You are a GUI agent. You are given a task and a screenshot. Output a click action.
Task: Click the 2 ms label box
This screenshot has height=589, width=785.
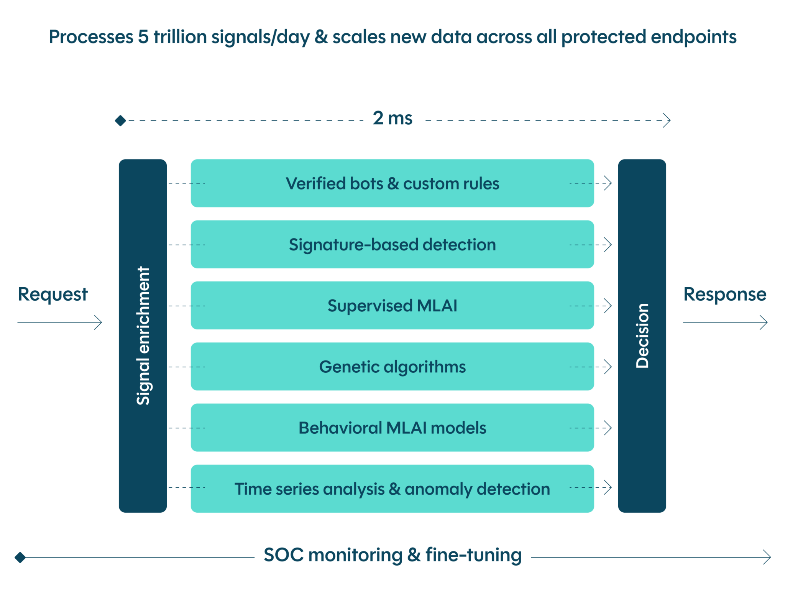(x=392, y=117)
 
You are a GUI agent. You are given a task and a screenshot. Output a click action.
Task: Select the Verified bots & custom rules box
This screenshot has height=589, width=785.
(x=392, y=183)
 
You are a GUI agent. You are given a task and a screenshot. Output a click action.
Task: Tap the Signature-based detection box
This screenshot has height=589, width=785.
(x=392, y=244)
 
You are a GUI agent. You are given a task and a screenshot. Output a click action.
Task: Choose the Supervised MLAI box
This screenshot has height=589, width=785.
(x=392, y=306)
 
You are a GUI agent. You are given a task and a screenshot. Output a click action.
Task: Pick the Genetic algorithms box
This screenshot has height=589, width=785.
(x=392, y=367)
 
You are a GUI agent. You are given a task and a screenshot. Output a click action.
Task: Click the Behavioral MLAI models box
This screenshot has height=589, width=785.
(x=392, y=428)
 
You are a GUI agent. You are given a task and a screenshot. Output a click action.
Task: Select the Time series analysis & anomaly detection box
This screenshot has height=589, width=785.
(x=392, y=489)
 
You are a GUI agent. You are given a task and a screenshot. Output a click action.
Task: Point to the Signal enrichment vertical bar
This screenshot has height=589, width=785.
(x=143, y=336)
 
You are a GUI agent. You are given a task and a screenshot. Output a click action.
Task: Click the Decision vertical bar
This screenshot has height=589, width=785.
(x=642, y=336)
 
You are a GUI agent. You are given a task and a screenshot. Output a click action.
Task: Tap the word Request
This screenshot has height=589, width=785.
(x=53, y=294)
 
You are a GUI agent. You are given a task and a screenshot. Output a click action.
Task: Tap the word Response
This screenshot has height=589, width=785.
(x=725, y=294)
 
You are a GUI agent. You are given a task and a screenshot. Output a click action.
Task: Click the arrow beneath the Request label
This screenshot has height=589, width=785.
(x=60, y=322)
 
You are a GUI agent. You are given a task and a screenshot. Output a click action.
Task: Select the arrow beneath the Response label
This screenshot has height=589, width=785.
(x=725, y=322)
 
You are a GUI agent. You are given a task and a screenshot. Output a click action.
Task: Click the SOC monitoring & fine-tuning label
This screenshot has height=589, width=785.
(x=392, y=554)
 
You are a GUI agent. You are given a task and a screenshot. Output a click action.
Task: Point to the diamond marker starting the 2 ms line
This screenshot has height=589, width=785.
(x=120, y=121)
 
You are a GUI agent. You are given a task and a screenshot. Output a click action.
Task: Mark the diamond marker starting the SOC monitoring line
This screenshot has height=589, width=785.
(x=20, y=557)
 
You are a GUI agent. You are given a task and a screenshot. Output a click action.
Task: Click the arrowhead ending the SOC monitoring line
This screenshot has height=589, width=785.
(x=767, y=557)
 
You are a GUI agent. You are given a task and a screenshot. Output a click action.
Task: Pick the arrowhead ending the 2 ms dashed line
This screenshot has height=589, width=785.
(x=667, y=120)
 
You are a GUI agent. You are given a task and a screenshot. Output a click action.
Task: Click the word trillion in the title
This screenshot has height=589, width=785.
(x=180, y=37)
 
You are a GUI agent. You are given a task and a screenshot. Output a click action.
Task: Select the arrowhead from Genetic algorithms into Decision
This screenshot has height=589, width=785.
(x=608, y=367)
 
